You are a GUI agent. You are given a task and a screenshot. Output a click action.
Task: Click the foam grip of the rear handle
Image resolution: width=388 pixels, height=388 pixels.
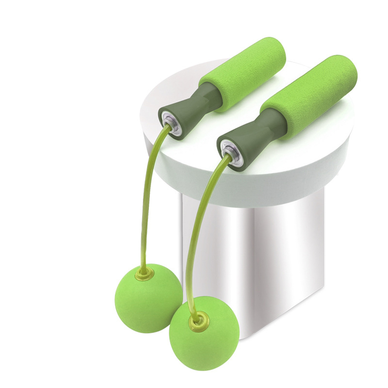click(242, 73)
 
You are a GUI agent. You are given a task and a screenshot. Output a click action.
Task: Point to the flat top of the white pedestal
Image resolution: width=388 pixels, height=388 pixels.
click(301, 145)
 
